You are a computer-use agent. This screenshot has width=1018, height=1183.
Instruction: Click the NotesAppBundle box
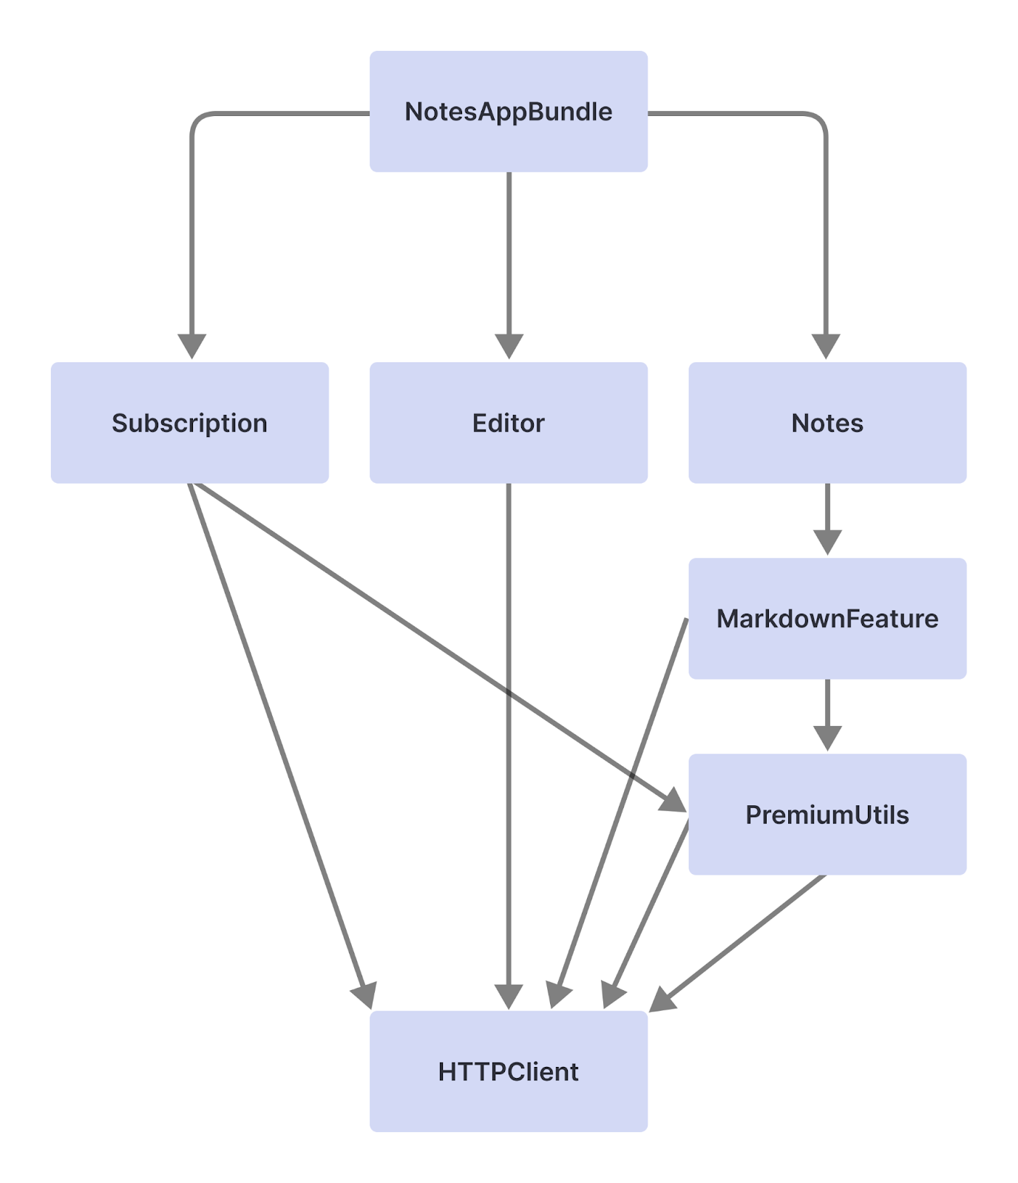(509, 112)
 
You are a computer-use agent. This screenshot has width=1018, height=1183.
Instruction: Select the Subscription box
(189, 423)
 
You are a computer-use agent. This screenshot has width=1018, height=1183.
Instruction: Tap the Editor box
(509, 423)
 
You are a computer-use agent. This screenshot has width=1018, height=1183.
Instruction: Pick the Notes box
(827, 423)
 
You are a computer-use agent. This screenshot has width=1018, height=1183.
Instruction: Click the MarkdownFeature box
(827, 618)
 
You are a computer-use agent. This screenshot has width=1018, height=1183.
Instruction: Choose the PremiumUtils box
(827, 814)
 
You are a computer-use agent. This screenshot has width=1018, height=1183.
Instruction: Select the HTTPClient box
(509, 1071)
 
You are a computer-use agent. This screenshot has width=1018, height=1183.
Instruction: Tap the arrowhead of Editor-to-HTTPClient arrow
(509, 997)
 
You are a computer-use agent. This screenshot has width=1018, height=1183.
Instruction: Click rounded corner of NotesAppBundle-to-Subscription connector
(197, 120)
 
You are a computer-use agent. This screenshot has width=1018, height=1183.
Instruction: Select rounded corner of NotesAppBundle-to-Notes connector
(820, 120)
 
